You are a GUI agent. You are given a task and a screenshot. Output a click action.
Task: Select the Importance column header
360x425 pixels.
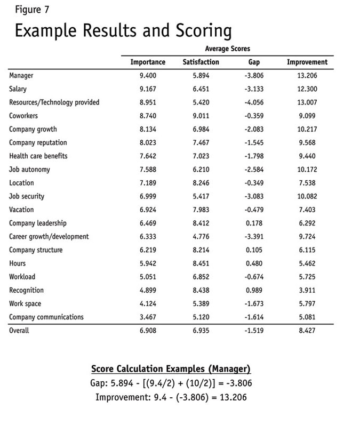148,62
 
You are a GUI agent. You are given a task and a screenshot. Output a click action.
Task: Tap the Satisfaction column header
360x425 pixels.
201,62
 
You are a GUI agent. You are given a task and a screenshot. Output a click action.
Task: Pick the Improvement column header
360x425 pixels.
307,62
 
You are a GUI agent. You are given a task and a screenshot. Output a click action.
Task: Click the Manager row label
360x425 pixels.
21,76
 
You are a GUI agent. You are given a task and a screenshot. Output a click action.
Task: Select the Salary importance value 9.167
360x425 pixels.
148,89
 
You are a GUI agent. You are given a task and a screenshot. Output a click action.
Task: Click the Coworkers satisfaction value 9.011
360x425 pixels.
201,116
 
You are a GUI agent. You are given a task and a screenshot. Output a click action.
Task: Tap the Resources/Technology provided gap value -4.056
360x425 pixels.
254,102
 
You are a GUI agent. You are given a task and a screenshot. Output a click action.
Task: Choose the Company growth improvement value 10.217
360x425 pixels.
307,129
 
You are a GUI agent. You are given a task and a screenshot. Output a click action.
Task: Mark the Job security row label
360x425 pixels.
27,196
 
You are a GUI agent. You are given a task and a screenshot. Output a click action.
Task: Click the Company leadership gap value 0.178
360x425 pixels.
255,223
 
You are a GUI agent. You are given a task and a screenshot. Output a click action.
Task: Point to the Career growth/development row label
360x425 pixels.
49,237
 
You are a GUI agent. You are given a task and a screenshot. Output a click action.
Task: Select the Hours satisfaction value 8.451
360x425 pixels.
201,263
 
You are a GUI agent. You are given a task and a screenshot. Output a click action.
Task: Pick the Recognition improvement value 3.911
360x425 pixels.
307,291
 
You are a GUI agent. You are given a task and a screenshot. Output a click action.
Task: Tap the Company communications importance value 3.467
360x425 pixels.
148,317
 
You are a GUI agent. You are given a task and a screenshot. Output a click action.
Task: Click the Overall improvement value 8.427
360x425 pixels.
307,331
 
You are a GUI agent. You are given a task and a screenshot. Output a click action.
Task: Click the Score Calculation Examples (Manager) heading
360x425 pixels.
171,369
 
